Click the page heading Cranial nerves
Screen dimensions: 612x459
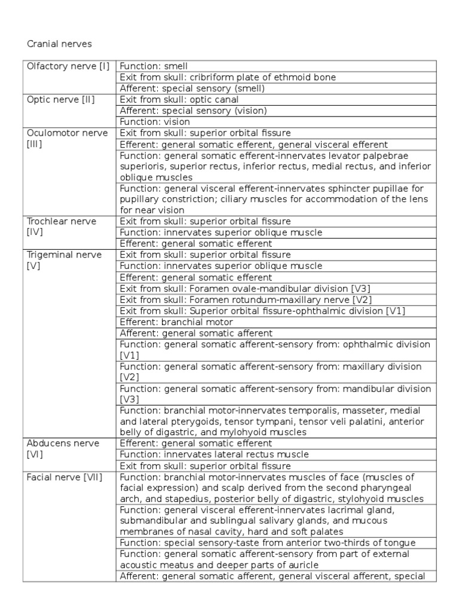[60, 44]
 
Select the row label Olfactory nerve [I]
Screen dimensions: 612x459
[68, 66]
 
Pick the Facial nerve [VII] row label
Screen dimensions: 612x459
[64, 477]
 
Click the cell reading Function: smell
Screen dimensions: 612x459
[154, 66]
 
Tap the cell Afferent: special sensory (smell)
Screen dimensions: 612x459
[192, 88]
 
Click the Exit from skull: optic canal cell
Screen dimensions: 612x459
[179, 99]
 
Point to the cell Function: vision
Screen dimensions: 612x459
[155, 121]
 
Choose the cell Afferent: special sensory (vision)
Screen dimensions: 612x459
[194, 111]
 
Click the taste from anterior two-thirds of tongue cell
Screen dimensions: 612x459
[268, 543]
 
